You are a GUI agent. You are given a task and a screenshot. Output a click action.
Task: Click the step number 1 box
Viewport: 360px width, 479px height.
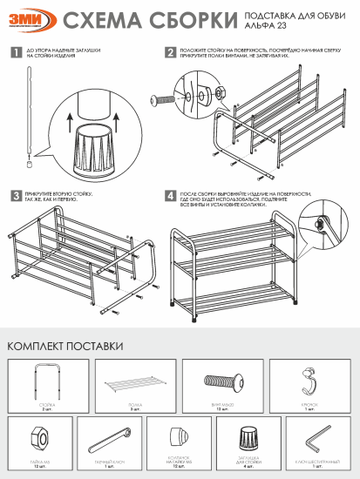tap(16, 53)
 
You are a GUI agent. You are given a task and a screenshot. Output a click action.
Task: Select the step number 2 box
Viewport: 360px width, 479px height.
tap(170, 53)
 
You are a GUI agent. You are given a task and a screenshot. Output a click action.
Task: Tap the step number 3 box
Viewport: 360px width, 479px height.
tap(16, 196)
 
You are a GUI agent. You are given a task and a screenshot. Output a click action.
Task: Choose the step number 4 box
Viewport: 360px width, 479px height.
tap(170, 196)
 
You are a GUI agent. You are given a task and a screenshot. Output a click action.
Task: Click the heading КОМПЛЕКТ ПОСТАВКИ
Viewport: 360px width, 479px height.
tap(65, 346)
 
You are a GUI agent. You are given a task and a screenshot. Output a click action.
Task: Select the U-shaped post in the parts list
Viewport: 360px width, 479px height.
tap(46, 382)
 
